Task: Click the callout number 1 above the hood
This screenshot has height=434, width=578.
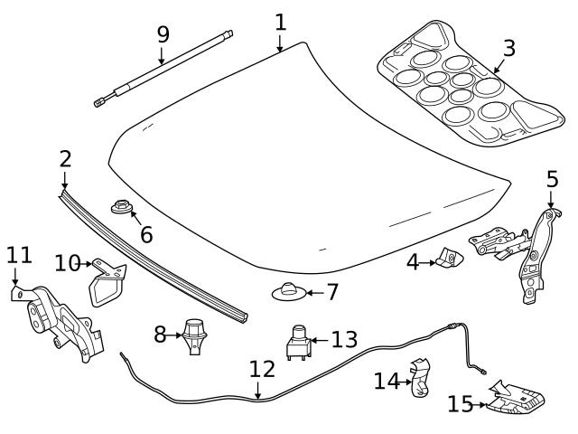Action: point(280,21)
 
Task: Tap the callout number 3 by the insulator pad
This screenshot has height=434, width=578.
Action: point(509,47)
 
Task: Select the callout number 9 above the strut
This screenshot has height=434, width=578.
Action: point(163,34)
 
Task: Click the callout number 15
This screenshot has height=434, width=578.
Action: point(459,403)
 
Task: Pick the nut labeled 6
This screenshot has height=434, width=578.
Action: point(119,209)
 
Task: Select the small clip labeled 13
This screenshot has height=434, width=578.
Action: point(297,343)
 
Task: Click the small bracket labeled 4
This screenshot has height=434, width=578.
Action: point(447,260)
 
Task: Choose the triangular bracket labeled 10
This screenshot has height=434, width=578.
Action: point(106,281)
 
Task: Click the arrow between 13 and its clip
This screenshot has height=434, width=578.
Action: point(318,340)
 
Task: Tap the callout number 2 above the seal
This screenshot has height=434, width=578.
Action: point(65,159)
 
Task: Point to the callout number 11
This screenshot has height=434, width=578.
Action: point(18,255)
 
